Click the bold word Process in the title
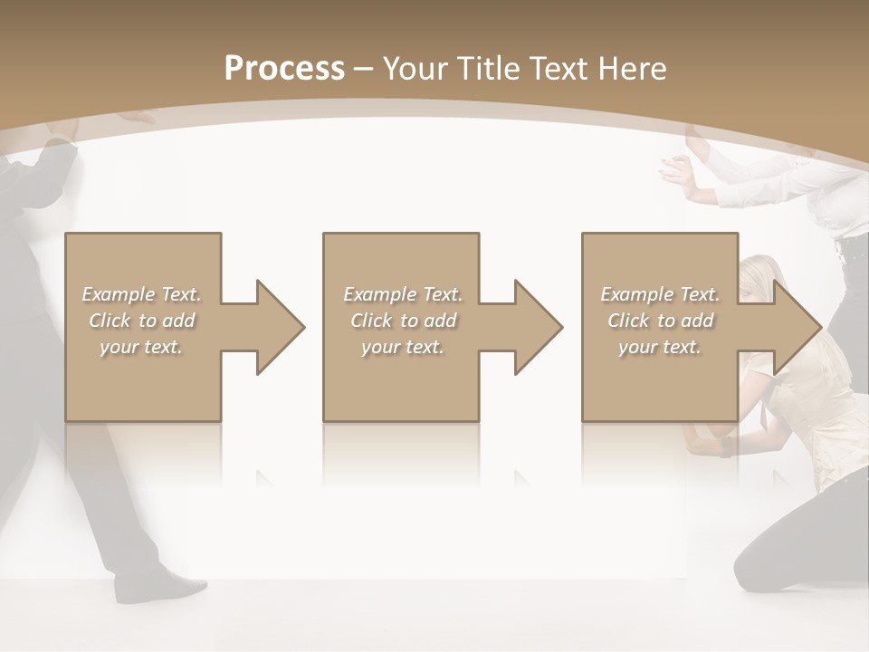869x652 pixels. pos(284,69)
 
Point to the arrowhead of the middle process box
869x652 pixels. pos(537,327)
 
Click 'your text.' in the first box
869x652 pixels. pos(141,346)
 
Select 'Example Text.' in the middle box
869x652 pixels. pos(402,294)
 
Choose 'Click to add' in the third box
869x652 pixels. pos(660,321)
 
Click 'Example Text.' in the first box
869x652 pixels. pos(141,294)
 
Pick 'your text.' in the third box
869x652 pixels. pos(660,346)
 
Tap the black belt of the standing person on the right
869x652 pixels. pos(852,248)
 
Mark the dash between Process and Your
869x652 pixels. pos(364,69)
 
